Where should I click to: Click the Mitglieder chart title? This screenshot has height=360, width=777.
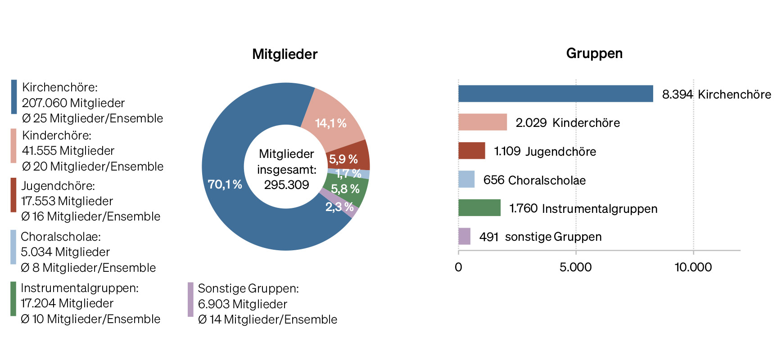(x=285, y=54)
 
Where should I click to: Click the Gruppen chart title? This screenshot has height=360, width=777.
(x=594, y=53)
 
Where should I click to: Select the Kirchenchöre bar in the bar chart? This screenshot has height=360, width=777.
(x=556, y=94)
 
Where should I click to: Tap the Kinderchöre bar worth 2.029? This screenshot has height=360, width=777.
(x=482, y=122)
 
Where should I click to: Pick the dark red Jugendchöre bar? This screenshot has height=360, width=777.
(x=471, y=151)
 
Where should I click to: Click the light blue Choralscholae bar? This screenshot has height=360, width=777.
(x=466, y=179)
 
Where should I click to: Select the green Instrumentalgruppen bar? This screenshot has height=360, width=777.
(x=479, y=208)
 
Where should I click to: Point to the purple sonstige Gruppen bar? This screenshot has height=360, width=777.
(x=464, y=236)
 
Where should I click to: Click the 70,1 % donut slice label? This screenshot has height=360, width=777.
(x=225, y=184)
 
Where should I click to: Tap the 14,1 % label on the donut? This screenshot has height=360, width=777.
(x=330, y=123)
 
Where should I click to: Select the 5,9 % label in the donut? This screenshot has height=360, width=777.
(x=343, y=159)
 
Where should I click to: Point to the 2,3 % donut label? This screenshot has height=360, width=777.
(x=339, y=207)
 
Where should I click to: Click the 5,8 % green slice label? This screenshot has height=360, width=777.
(x=345, y=189)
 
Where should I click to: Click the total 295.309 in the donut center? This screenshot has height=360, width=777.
(x=286, y=185)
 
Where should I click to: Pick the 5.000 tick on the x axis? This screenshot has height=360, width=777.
(x=575, y=267)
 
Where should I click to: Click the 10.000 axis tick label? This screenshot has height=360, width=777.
(x=693, y=267)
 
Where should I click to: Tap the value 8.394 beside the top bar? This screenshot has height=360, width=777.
(x=677, y=94)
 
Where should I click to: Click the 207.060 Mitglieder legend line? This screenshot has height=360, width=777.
(x=73, y=103)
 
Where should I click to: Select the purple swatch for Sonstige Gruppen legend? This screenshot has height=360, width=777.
(x=190, y=299)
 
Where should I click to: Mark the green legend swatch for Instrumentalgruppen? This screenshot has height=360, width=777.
(x=14, y=299)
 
